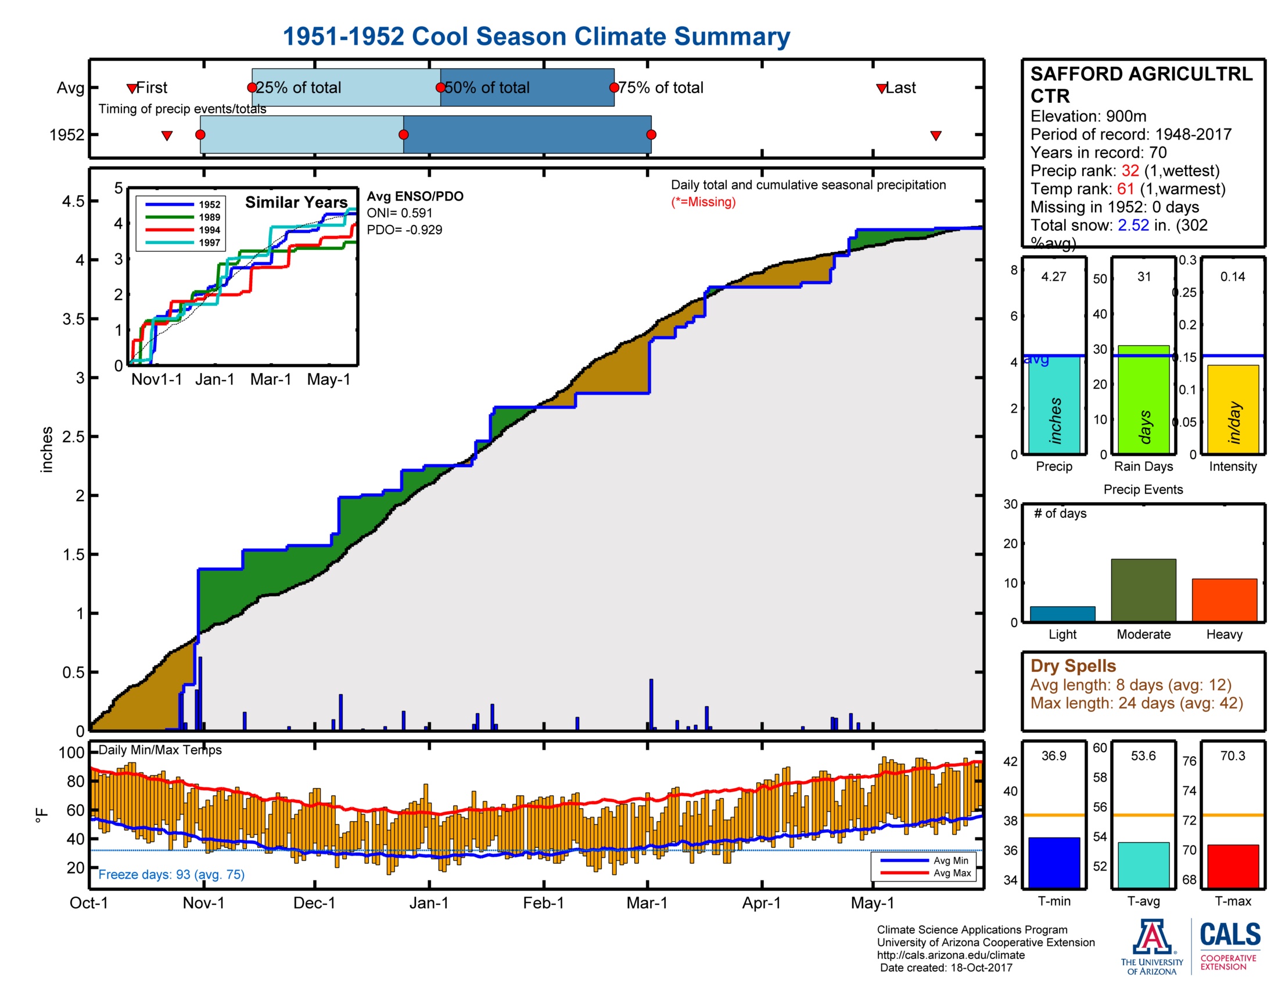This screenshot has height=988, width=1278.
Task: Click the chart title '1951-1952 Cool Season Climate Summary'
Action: [x=536, y=36]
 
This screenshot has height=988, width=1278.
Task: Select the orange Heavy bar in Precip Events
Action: [x=1224, y=599]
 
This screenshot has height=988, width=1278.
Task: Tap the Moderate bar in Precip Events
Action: [x=1143, y=589]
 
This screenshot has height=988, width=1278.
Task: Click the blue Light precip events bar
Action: [x=1062, y=613]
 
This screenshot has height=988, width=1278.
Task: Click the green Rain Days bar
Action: [x=1143, y=399]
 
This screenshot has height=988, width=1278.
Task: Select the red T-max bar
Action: [x=1232, y=866]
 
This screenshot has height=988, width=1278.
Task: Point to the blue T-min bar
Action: [x=1054, y=862]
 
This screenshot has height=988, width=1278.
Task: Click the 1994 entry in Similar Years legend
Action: [x=209, y=230]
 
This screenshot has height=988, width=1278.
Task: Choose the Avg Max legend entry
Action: [x=952, y=874]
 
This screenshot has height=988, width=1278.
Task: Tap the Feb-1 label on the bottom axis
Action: [x=543, y=903]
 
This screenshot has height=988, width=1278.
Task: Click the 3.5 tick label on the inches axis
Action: [x=73, y=319]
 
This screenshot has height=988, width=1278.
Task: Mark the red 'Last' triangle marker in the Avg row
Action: [x=881, y=88]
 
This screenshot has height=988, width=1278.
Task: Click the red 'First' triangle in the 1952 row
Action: [x=167, y=136]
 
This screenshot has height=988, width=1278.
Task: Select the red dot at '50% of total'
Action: [x=440, y=88]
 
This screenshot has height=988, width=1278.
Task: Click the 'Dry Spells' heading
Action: [x=1072, y=665]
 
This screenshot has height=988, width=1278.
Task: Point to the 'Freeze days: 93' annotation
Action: [x=171, y=874]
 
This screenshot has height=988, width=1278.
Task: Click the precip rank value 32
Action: [x=1129, y=170]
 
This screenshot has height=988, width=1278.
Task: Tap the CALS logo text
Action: [x=1230, y=934]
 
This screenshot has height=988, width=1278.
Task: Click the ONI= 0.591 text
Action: [x=399, y=213]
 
